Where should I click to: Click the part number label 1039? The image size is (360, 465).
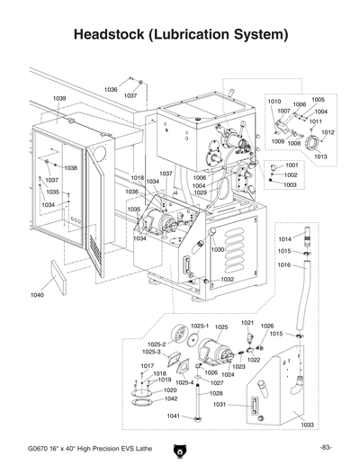click(59, 98)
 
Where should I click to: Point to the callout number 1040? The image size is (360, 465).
click(37, 295)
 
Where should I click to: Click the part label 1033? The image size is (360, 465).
click(307, 424)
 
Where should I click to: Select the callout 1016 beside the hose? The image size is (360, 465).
click(284, 266)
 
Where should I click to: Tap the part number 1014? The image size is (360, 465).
click(284, 239)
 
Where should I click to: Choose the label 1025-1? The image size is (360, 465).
click(200, 326)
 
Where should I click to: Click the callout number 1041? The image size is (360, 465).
click(174, 416)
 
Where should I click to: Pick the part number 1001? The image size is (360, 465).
click(291, 165)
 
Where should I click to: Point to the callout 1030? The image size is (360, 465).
click(218, 249)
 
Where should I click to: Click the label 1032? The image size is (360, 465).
click(228, 280)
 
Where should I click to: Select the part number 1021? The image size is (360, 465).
click(247, 322)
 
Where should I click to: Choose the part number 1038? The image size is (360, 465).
click(70, 168)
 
